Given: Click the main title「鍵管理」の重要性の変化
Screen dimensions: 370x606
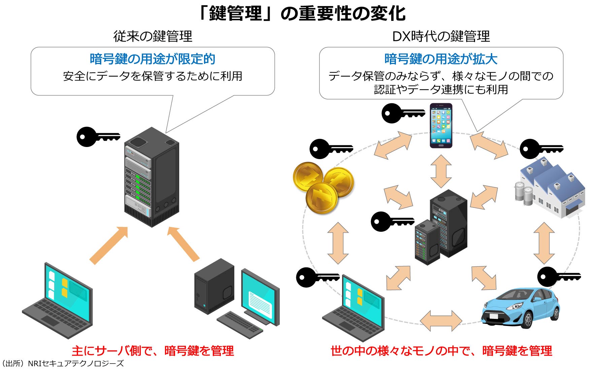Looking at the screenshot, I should pyautogui.click(x=302, y=13).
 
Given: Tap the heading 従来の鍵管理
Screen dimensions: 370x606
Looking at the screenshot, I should pyautogui.click(x=153, y=36).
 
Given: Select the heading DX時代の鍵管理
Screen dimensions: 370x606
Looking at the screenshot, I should pyautogui.click(x=441, y=36).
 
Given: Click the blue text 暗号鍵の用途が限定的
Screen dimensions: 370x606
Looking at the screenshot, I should pyautogui.click(x=152, y=59).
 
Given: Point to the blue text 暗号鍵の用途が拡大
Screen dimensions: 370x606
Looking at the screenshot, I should pyautogui.click(x=441, y=59).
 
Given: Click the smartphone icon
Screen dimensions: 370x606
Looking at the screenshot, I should pyautogui.click(x=441, y=125).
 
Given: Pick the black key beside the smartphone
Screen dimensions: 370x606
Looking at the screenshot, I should pyautogui.click(x=402, y=113).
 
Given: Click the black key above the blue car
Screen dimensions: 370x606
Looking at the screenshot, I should pyautogui.click(x=558, y=277).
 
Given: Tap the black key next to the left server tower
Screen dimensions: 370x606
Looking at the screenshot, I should pyautogui.click(x=98, y=137).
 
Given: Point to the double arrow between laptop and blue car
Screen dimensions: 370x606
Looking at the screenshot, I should pyautogui.click(x=441, y=321).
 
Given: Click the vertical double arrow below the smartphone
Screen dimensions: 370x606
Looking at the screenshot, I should pyautogui.click(x=441, y=171).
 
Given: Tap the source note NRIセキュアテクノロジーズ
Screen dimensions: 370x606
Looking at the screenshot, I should pyautogui.click(x=63, y=364).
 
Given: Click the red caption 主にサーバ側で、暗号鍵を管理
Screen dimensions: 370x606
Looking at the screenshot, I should pyautogui.click(x=153, y=351).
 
